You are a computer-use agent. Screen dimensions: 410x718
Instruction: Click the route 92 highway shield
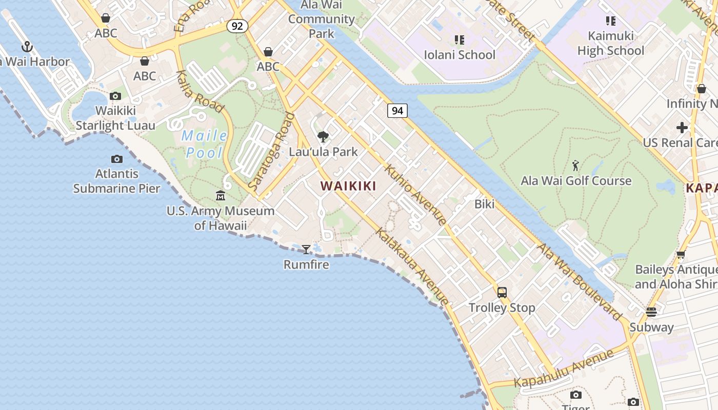(237, 26)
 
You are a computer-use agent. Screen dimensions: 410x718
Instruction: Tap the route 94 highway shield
(397, 110)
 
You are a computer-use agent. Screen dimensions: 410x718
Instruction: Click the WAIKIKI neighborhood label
(348, 186)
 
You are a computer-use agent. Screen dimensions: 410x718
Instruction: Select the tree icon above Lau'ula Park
(323, 136)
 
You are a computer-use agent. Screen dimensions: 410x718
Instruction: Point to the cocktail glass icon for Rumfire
(306, 250)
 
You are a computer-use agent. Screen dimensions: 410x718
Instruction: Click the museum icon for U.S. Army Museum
(221, 195)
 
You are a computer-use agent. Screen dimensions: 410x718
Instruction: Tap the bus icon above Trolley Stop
(502, 293)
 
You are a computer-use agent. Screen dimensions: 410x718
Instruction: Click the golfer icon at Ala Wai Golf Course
(575, 166)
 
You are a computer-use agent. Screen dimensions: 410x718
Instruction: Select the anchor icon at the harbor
(27, 47)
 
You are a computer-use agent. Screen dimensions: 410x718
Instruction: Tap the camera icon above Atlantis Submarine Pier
(117, 159)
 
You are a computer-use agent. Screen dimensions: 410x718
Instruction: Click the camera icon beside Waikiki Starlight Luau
(115, 96)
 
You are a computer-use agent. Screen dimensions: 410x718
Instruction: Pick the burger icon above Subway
(651, 312)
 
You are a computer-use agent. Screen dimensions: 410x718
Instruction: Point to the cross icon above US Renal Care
(682, 127)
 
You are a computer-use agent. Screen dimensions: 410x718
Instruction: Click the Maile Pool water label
(204, 144)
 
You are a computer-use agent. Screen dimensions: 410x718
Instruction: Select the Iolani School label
(460, 55)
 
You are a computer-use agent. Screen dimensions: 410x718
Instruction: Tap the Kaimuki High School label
(610, 43)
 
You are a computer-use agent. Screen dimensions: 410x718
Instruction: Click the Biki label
(484, 204)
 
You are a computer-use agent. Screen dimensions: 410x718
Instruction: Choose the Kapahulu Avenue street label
(564, 368)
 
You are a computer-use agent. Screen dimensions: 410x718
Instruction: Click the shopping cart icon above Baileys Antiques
(681, 254)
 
